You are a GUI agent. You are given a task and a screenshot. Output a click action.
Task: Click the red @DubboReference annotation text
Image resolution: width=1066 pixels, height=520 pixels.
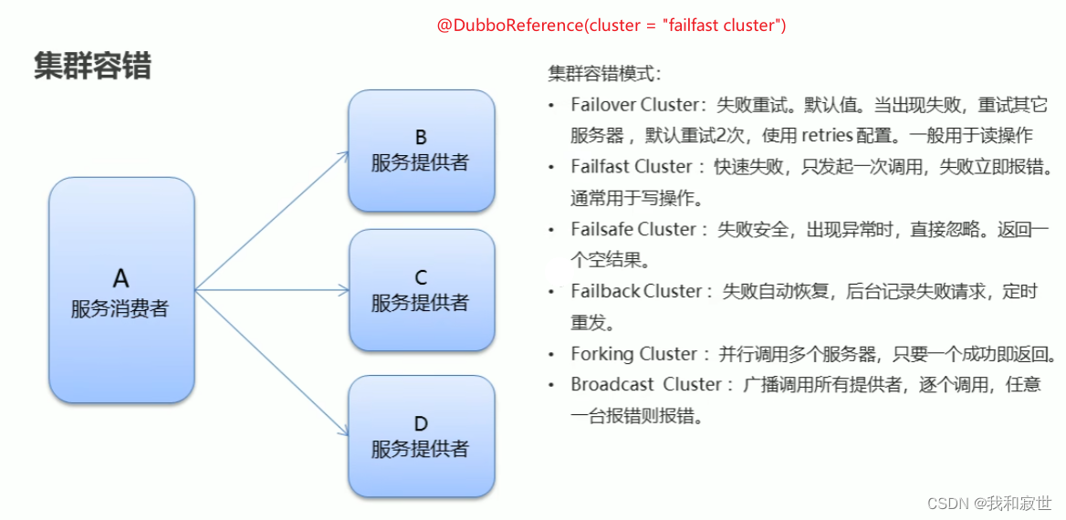click(611, 26)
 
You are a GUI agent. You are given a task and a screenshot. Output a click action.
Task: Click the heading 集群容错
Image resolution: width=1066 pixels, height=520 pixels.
click(92, 66)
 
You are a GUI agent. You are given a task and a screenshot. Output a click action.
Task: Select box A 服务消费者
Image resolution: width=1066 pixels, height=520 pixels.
click(120, 289)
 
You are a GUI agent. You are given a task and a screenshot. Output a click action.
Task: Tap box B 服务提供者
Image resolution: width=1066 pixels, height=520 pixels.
click(421, 151)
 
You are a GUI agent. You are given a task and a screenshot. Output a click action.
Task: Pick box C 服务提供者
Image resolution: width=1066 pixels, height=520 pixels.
click(421, 289)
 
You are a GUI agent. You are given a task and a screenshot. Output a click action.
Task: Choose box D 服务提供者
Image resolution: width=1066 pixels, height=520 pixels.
click(421, 436)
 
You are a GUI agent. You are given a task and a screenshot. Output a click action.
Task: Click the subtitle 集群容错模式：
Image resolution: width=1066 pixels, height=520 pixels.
click(605, 74)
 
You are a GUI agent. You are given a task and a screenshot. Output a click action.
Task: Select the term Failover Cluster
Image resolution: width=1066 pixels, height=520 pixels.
click(629, 105)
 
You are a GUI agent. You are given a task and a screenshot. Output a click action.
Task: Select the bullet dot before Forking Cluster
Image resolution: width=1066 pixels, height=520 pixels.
click(550, 354)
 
